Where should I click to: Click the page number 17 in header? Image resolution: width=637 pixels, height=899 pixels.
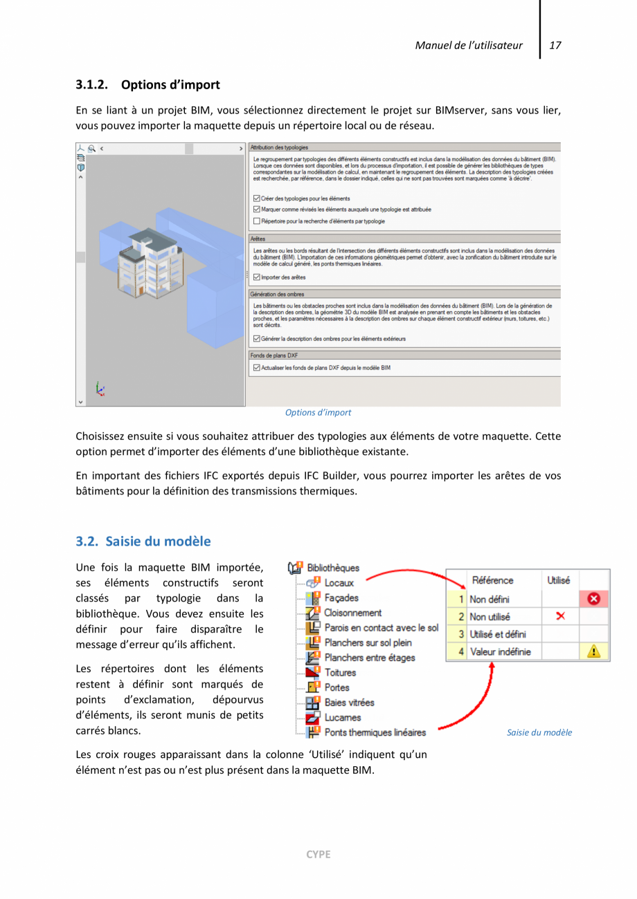(x=555, y=46)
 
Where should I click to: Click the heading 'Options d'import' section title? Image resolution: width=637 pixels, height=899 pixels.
(x=170, y=85)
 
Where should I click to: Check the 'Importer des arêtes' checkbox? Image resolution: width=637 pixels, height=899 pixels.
(x=257, y=277)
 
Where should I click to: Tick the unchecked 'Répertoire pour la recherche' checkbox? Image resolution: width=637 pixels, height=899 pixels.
(x=257, y=221)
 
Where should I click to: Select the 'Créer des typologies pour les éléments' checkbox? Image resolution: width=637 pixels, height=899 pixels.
(x=257, y=198)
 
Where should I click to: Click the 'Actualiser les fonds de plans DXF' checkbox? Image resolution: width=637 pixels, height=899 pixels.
(x=257, y=368)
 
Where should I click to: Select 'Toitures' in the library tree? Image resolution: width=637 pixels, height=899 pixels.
(x=339, y=672)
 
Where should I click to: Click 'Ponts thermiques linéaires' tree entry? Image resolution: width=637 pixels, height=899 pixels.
(x=374, y=732)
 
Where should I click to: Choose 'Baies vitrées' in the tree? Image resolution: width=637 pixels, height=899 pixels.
(x=348, y=703)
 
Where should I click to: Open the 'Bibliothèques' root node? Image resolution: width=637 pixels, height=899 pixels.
(x=332, y=568)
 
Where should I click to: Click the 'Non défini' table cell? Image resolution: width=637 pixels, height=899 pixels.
(x=490, y=600)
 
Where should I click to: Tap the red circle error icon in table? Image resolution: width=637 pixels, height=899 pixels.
(x=593, y=600)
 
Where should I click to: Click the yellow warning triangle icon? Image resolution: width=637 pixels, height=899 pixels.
(x=593, y=651)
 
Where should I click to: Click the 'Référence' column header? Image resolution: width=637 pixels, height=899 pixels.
(x=492, y=581)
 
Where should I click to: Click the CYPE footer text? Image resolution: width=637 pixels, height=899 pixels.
(x=318, y=854)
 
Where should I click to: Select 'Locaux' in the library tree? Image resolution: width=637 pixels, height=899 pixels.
(x=339, y=583)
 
